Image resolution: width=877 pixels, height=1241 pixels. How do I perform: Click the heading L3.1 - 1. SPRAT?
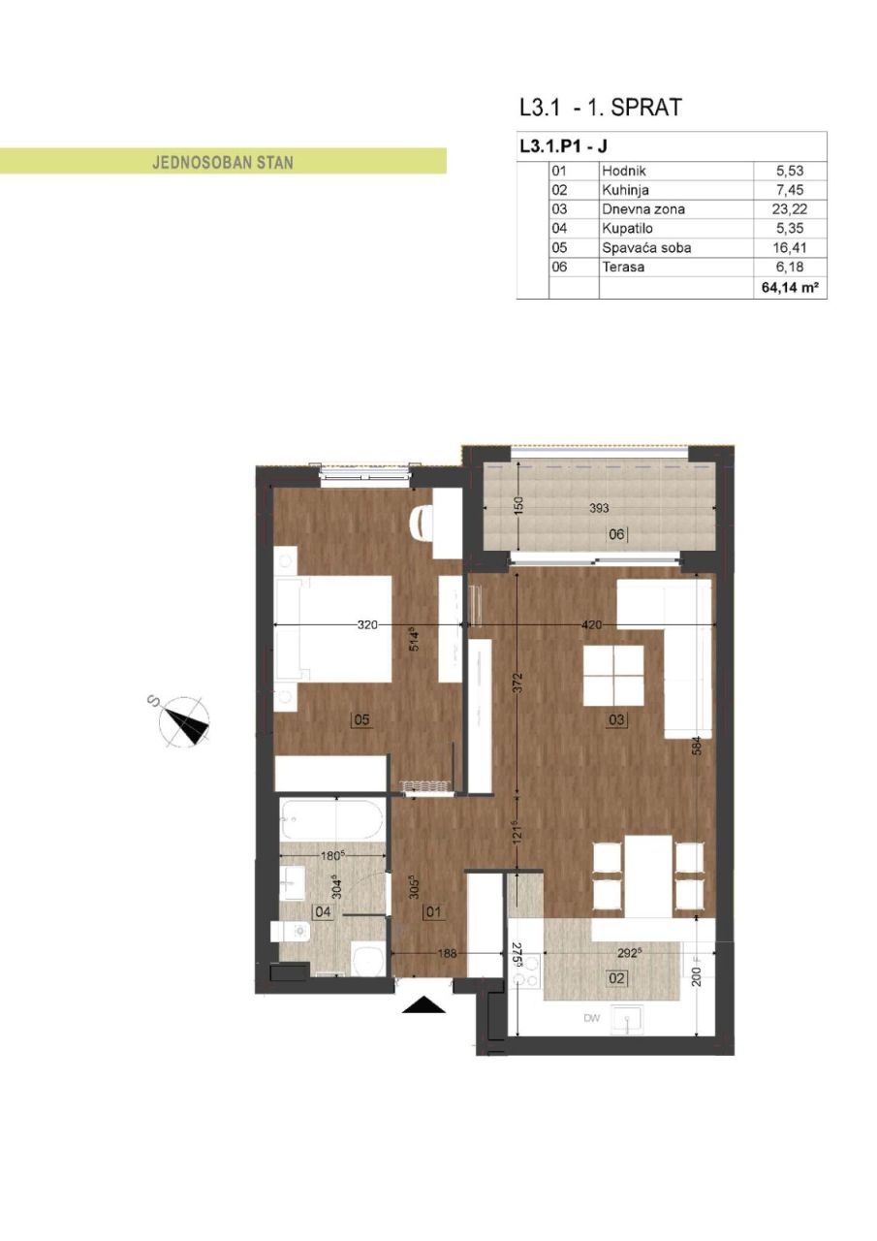click(600, 107)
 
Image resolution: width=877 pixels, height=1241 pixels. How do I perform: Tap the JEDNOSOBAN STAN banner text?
click(223, 163)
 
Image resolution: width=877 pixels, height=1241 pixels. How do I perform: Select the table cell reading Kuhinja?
click(625, 190)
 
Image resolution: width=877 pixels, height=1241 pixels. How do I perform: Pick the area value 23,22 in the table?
click(790, 208)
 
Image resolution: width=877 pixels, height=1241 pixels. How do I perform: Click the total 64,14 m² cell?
click(790, 288)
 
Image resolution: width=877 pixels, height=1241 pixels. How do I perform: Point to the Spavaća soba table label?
click(646, 247)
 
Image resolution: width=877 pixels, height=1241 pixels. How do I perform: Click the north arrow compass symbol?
click(183, 720)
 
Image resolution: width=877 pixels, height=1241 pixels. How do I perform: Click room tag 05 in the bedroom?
click(361, 720)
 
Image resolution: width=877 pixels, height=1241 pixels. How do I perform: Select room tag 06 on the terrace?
click(616, 534)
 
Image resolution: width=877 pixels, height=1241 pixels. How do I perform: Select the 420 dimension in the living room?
click(591, 625)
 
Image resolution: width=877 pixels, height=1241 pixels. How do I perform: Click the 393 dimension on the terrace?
click(599, 507)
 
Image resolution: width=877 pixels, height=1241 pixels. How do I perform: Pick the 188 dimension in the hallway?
click(447, 953)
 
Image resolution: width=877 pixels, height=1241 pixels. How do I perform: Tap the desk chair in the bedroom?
click(422, 524)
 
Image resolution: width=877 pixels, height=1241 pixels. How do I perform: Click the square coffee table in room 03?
click(613, 676)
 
